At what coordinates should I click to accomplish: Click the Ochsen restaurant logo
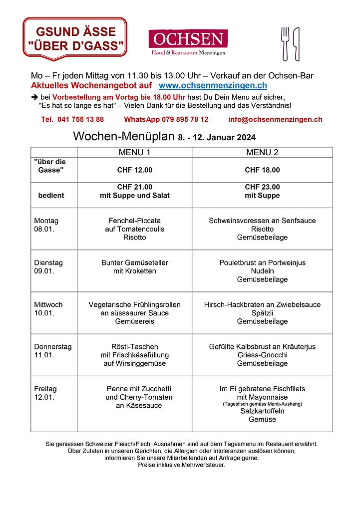click(x=188, y=42)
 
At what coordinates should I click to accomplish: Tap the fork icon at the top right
click(x=286, y=43)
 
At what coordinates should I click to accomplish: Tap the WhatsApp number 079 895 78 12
click(x=166, y=119)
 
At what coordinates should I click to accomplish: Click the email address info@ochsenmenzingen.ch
click(x=275, y=119)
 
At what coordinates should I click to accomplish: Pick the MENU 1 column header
click(x=134, y=152)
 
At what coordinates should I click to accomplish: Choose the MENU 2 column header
click(x=262, y=152)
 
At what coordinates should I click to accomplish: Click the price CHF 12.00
click(x=134, y=170)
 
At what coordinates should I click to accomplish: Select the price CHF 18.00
click(x=262, y=170)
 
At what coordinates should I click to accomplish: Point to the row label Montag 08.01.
click(x=46, y=225)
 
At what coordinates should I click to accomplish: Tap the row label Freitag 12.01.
click(x=45, y=393)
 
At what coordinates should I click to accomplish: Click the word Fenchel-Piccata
click(x=134, y=221)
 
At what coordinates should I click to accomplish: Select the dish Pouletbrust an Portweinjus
click(x=262, y=262)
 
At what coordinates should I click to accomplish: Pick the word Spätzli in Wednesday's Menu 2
click(x=262, y=313)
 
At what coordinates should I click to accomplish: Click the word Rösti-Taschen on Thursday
click(x=134, y=346)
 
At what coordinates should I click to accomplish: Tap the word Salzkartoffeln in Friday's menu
click(x=262, y=411)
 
